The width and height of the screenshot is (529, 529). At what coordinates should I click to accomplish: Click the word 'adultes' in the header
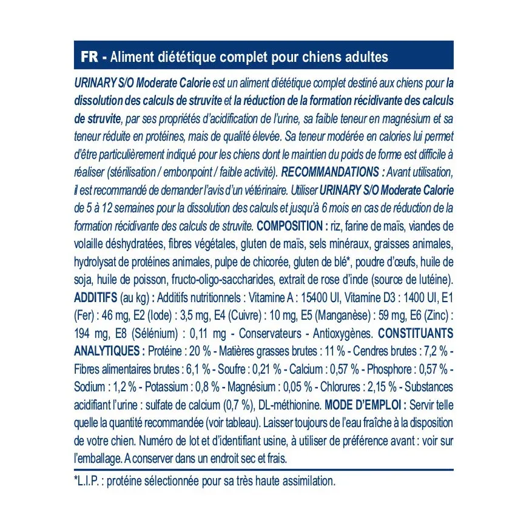tap(364, 57)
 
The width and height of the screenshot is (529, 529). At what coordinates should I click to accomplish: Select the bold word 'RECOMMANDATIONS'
tap(331, 170)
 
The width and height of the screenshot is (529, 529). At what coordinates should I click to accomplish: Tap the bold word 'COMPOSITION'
tap(289, 226)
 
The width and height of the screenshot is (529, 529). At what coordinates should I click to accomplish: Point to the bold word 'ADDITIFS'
tap(95, 297)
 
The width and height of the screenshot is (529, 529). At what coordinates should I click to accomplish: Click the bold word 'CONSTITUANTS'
tap(416, 333)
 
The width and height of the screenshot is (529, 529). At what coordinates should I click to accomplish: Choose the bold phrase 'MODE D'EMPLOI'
tap(363, 405)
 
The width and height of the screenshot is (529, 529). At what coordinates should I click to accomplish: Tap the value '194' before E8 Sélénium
tap(84, 333)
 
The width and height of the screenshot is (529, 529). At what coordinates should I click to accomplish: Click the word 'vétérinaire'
tap(265, 190)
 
